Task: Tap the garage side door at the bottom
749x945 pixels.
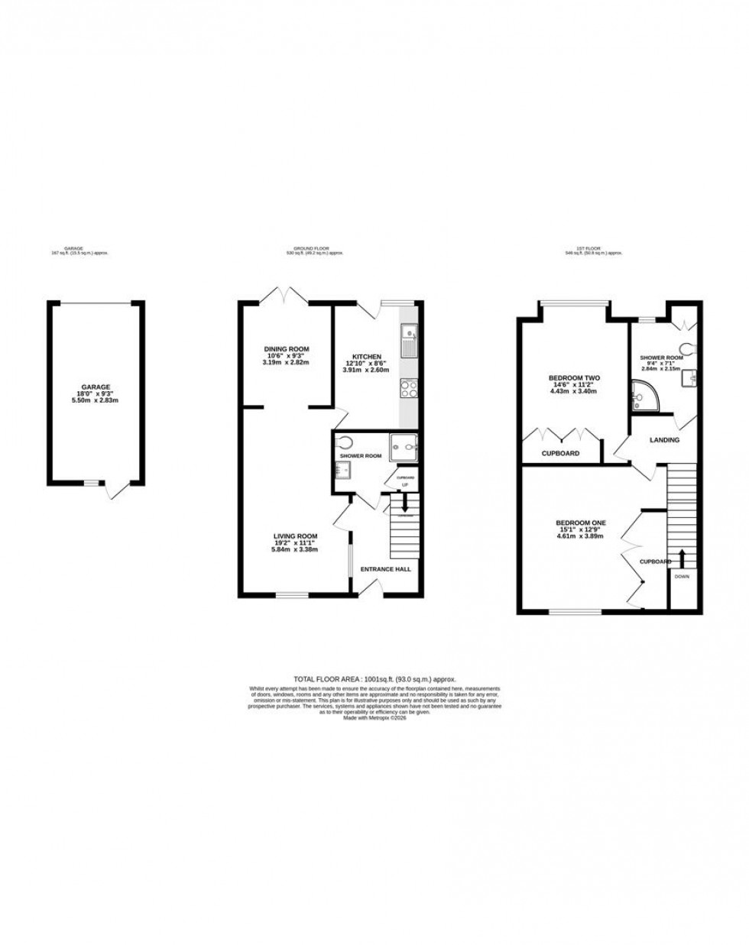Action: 116,489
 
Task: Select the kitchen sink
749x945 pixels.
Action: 409,340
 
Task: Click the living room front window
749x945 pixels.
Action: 291,594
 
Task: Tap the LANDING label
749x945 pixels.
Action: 663,440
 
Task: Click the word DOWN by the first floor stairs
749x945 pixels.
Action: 681,577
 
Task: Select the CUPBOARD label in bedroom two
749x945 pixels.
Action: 560,453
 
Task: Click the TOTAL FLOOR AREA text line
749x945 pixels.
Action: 374,678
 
